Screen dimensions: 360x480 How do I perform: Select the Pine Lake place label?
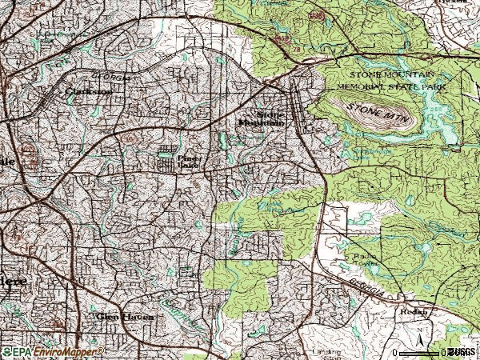(186, 162)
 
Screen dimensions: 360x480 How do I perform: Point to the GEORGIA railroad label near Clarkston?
(108, 78)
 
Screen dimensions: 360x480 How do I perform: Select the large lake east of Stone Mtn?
(436, 116)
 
